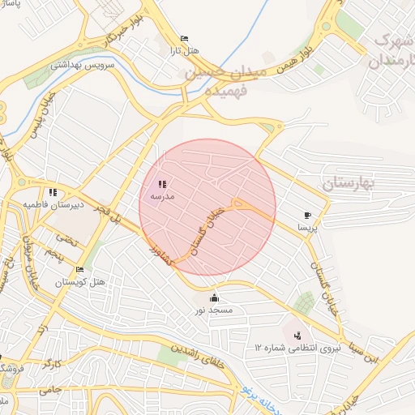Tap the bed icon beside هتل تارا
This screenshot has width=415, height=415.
(184, 38)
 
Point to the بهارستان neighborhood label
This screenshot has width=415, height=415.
(350, 183)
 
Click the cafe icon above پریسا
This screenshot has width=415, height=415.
(307, 215)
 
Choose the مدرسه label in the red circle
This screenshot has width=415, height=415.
(159, 196)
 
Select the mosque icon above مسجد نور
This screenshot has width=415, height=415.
(214, 297)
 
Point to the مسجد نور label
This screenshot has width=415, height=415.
(213, 310)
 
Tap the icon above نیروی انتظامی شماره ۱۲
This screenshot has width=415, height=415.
(297, 334)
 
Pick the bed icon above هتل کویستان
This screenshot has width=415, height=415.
(79, 270)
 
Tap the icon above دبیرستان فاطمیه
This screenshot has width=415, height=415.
(53, 192)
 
